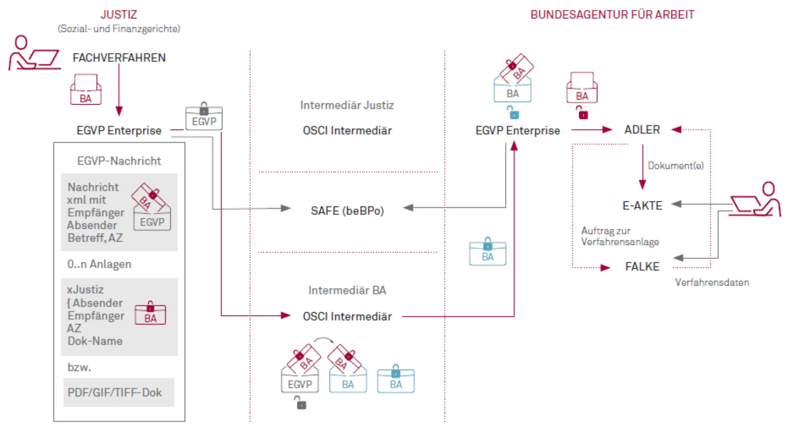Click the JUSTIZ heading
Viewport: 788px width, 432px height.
pos(119,14)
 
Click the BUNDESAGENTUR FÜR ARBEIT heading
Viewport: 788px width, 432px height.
pos(612,14)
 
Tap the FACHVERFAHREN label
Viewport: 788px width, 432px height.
pos(119,57)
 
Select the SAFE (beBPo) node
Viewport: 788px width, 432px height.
pos(347,210)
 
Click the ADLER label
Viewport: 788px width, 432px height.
pos(642,130)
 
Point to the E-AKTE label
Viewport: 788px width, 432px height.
pos(642,205)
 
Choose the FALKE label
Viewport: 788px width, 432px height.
pos(642,266)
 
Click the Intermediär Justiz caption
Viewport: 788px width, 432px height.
pos(347,105)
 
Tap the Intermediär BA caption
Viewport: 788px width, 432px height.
pos(347,290)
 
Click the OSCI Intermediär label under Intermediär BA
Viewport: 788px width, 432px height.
pos(347,316)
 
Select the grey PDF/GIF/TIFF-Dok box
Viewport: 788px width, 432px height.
pos(119,392)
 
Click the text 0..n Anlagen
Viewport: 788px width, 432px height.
pos(99,264)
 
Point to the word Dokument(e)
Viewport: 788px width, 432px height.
pos(676,165)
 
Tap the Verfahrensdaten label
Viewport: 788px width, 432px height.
pos(712,282)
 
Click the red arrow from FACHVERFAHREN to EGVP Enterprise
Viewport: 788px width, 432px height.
pos(119,90)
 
